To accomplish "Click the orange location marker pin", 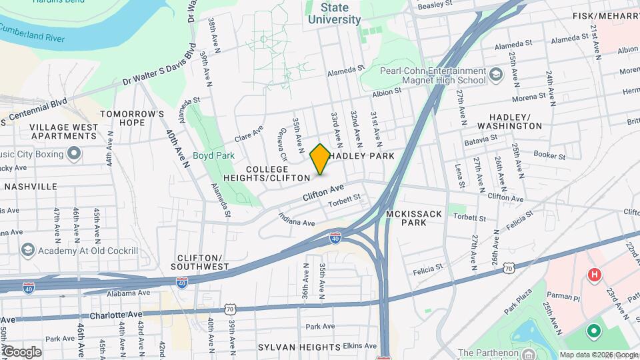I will coord(320,159).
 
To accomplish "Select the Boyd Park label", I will coord(210,155).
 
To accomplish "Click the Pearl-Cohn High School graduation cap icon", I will coord(495,75).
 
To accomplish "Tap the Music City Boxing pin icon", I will coord(74,155).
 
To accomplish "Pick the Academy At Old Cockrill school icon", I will coord(28,250).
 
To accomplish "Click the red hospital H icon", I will coord(593,274).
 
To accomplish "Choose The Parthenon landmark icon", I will coord(529,353).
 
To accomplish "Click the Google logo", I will coord(21,351).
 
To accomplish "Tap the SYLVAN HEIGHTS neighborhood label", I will coord(290,347).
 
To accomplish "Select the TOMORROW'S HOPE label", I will coord(132,118).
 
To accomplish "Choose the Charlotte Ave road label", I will coord(117,315).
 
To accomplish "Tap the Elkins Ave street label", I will coord(358,347).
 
